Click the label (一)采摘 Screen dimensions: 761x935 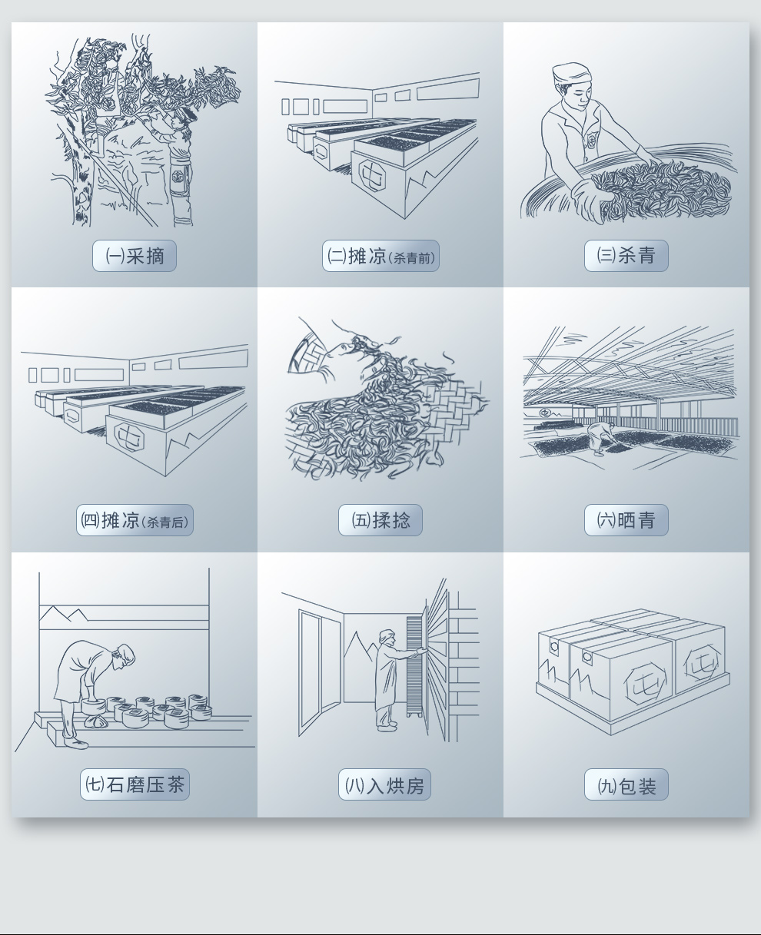point(135,256)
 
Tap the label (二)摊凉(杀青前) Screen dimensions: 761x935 point(380,256)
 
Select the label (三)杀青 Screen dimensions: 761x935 point(626,256)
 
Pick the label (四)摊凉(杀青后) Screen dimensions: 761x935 point(135,520)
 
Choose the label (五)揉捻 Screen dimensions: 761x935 point(380,520)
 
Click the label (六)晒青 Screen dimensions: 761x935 point(626,520)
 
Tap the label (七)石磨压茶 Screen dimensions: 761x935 point(135,784)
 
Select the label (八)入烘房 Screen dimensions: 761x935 point(384,784)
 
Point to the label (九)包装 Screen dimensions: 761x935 point(626,784)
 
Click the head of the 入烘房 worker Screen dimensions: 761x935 point(387,638)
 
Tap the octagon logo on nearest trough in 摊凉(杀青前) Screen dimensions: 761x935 point(372,174)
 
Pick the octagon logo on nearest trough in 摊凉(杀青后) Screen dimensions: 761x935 point(130,436)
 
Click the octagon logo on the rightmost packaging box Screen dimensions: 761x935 point(702,662)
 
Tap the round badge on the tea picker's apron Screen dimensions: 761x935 point(179,177)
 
